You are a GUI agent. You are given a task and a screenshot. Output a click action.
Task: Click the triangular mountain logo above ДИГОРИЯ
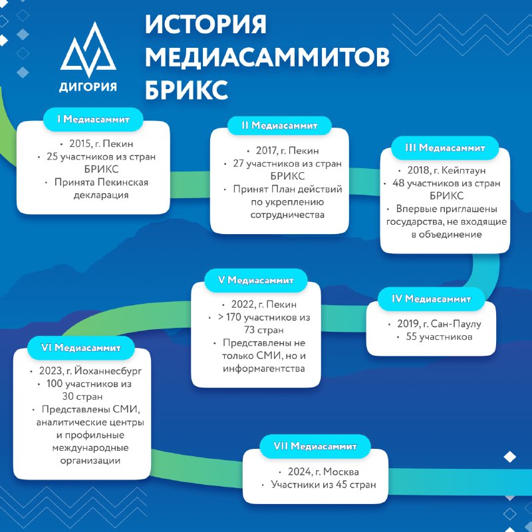point(88,51)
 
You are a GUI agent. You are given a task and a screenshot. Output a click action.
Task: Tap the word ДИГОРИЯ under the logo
point(88,87)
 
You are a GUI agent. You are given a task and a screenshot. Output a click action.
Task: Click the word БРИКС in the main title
point(186,90)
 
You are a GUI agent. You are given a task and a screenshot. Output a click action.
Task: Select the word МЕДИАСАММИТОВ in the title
point(267,57)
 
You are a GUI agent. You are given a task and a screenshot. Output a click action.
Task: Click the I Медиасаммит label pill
point(93,119)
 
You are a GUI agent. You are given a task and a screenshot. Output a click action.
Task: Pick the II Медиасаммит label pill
point(279,126)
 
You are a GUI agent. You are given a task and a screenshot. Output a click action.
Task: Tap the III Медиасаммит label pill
point(445,148)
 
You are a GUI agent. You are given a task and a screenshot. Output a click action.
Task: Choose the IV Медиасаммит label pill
point(431,299)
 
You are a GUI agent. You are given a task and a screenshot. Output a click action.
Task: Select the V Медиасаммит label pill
point(256,280)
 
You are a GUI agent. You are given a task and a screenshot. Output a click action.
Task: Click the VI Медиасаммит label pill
point(80,348)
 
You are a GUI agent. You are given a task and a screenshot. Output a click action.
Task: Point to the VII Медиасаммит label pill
point(315,446)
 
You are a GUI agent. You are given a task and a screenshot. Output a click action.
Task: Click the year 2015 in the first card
point(80,144)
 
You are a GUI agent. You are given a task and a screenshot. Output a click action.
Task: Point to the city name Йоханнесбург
point(108,371)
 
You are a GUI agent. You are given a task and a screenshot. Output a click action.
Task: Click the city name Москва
point(341,471)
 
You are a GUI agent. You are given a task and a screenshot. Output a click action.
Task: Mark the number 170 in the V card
point(233,317)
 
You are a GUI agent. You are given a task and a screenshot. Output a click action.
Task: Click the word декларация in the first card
point(101,195)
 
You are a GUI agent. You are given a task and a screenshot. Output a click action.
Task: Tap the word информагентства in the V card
point(263,369)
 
